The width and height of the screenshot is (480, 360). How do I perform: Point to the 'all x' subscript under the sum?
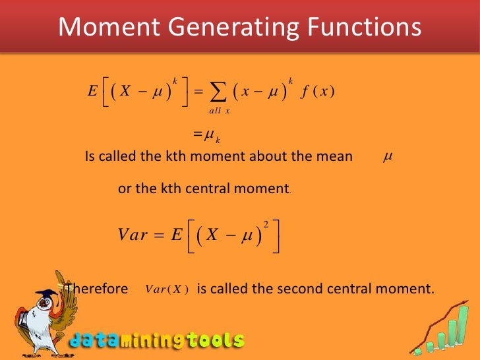219,110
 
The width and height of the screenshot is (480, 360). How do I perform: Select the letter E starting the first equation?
92,92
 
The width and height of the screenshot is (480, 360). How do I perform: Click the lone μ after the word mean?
388,156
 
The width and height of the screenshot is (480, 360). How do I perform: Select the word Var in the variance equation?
133,235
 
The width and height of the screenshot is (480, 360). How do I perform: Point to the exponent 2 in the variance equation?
266,225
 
